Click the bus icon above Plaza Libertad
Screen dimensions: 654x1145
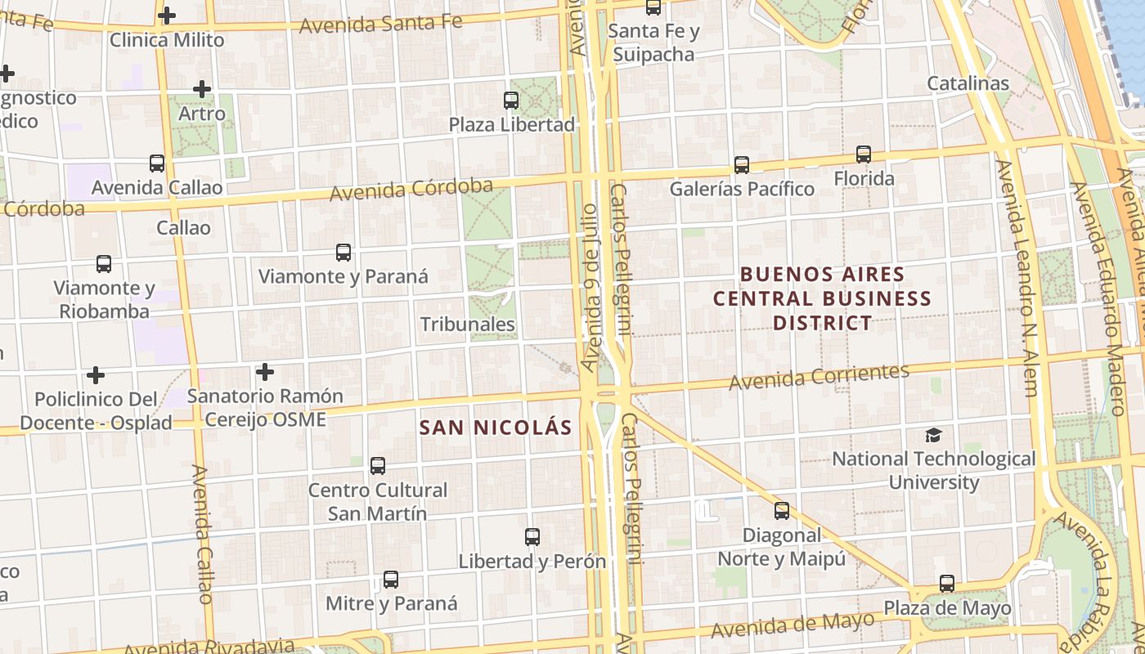[511, 101]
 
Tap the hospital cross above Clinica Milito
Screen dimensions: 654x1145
[167, 15]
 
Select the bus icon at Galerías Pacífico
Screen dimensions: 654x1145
[742, 164]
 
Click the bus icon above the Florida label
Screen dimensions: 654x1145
[864, 154]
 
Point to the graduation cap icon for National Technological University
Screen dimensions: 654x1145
[933, 435]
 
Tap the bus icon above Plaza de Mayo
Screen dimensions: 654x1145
[947, 584]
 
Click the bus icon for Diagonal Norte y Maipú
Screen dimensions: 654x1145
[782, 511]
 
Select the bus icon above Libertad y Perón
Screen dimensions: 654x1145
[532, 537]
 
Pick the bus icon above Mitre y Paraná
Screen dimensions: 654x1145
[391, 580]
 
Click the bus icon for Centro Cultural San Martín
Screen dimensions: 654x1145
[377, 466]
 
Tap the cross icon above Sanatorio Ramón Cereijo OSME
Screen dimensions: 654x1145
[265, 372]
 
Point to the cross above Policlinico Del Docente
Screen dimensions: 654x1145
[96, 375]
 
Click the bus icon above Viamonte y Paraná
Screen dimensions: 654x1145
[343, 253]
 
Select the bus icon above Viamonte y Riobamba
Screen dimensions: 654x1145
[104, 264]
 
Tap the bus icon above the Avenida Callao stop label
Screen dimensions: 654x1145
[157, 163]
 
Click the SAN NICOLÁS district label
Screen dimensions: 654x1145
[496, 428]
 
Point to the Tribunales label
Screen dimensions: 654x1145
[468, 325]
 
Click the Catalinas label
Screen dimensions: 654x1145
[968, 83]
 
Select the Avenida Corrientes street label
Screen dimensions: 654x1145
[819, 377]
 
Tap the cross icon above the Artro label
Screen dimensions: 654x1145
[202, 89]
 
